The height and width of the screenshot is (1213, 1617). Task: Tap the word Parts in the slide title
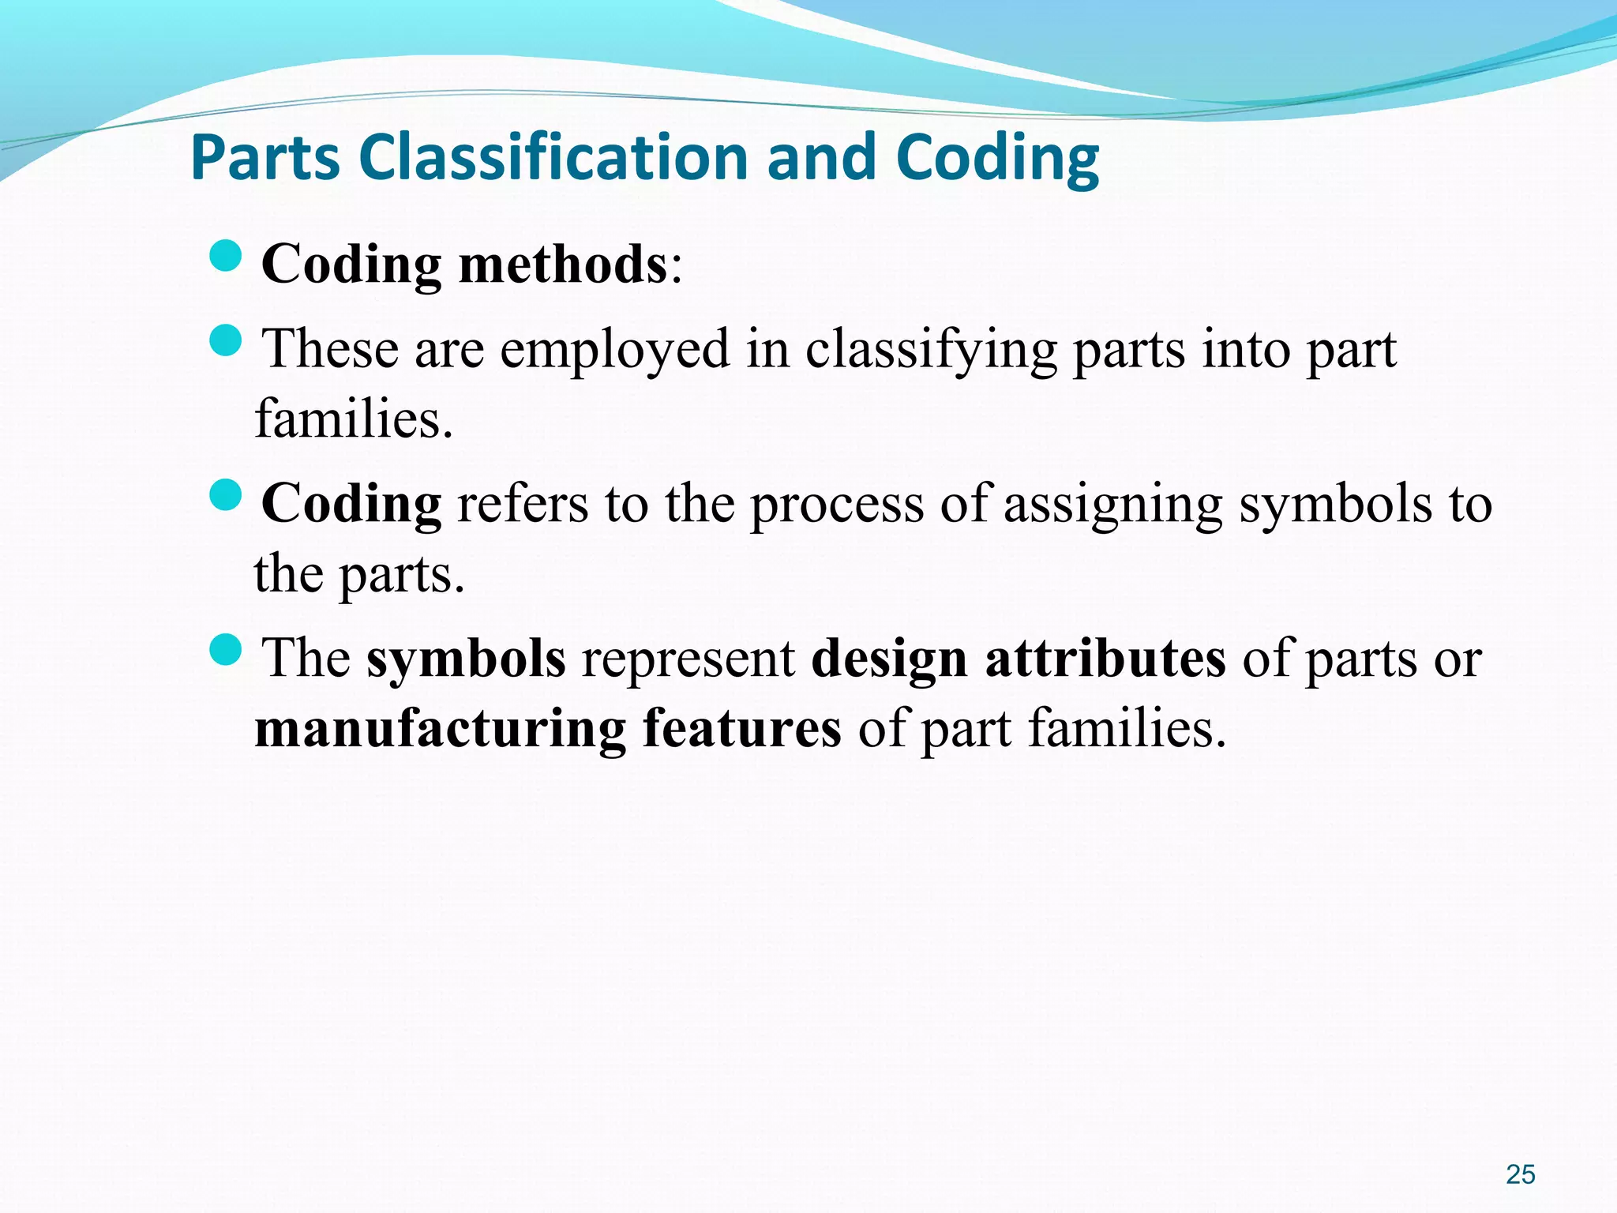pyautogui.click(x=265, y=157)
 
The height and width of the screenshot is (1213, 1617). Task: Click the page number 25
pyautogui.click(x=1520, y=1174)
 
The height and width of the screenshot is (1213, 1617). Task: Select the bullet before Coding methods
pyautogui.click(x=227, y=256)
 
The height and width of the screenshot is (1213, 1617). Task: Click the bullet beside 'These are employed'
pyautogui.click(x=227, y=340)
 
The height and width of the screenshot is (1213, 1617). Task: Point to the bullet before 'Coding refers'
pyautogui.click(x=227, y=495)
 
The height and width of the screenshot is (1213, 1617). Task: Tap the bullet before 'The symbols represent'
pyautogui.click(x=227, y=649)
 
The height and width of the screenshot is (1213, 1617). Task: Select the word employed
pyautogui.click(x=615, y=349)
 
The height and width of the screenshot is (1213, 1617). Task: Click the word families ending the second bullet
pyautogui.click(x=353, y=419)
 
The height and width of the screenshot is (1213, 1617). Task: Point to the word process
pyautogui.click(x=836, y=504)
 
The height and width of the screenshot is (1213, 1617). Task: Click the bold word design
pyautogui.click(x=889, y=659)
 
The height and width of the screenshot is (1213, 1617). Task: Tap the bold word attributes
pyautogui.click(x=1105, y=659)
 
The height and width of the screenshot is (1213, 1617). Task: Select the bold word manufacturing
pyautogui.click(x=440, y=728)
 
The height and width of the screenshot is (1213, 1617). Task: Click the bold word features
pyautogui.click(x=741, y=728)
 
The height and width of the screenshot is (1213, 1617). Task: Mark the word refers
pyautogui.click(x=523, y=504)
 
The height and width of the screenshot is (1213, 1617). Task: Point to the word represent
pyautogui.click(x=688, y=659)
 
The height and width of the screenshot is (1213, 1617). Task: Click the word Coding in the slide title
pyautogui.click(x=997, y=157)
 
